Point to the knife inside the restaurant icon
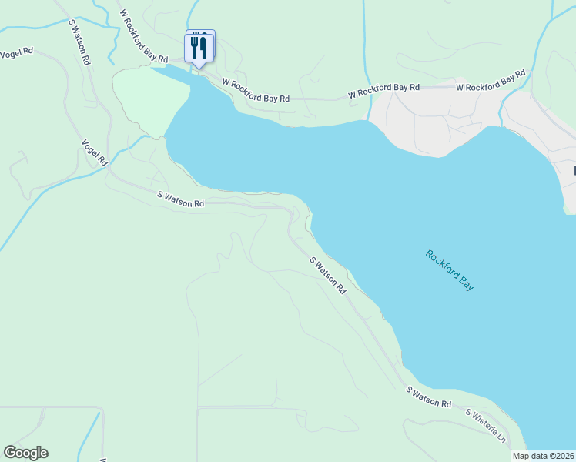click(204, 48)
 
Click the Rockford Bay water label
click(450, 269)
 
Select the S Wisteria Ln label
click(485, 424)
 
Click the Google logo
click(25, 453)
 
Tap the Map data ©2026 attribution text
click(543, 456)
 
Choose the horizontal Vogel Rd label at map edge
click(17, 52)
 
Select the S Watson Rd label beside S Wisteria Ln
click(428, 398)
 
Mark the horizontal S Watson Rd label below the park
click(181, 199)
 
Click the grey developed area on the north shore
click(431, 123)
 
